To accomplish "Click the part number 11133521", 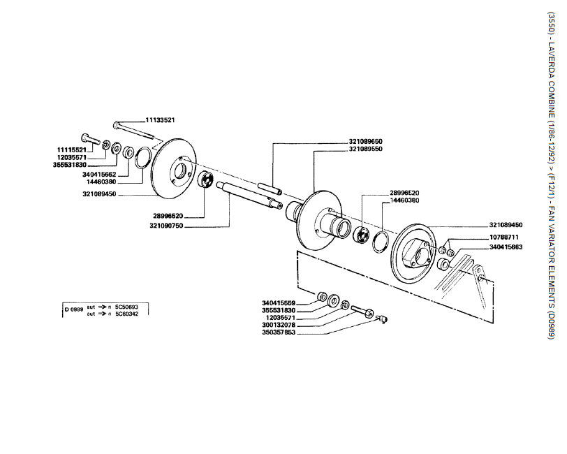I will pyautogui.click(x=160, y=119).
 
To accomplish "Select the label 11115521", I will pyautogui.click(x=71, y=149).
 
